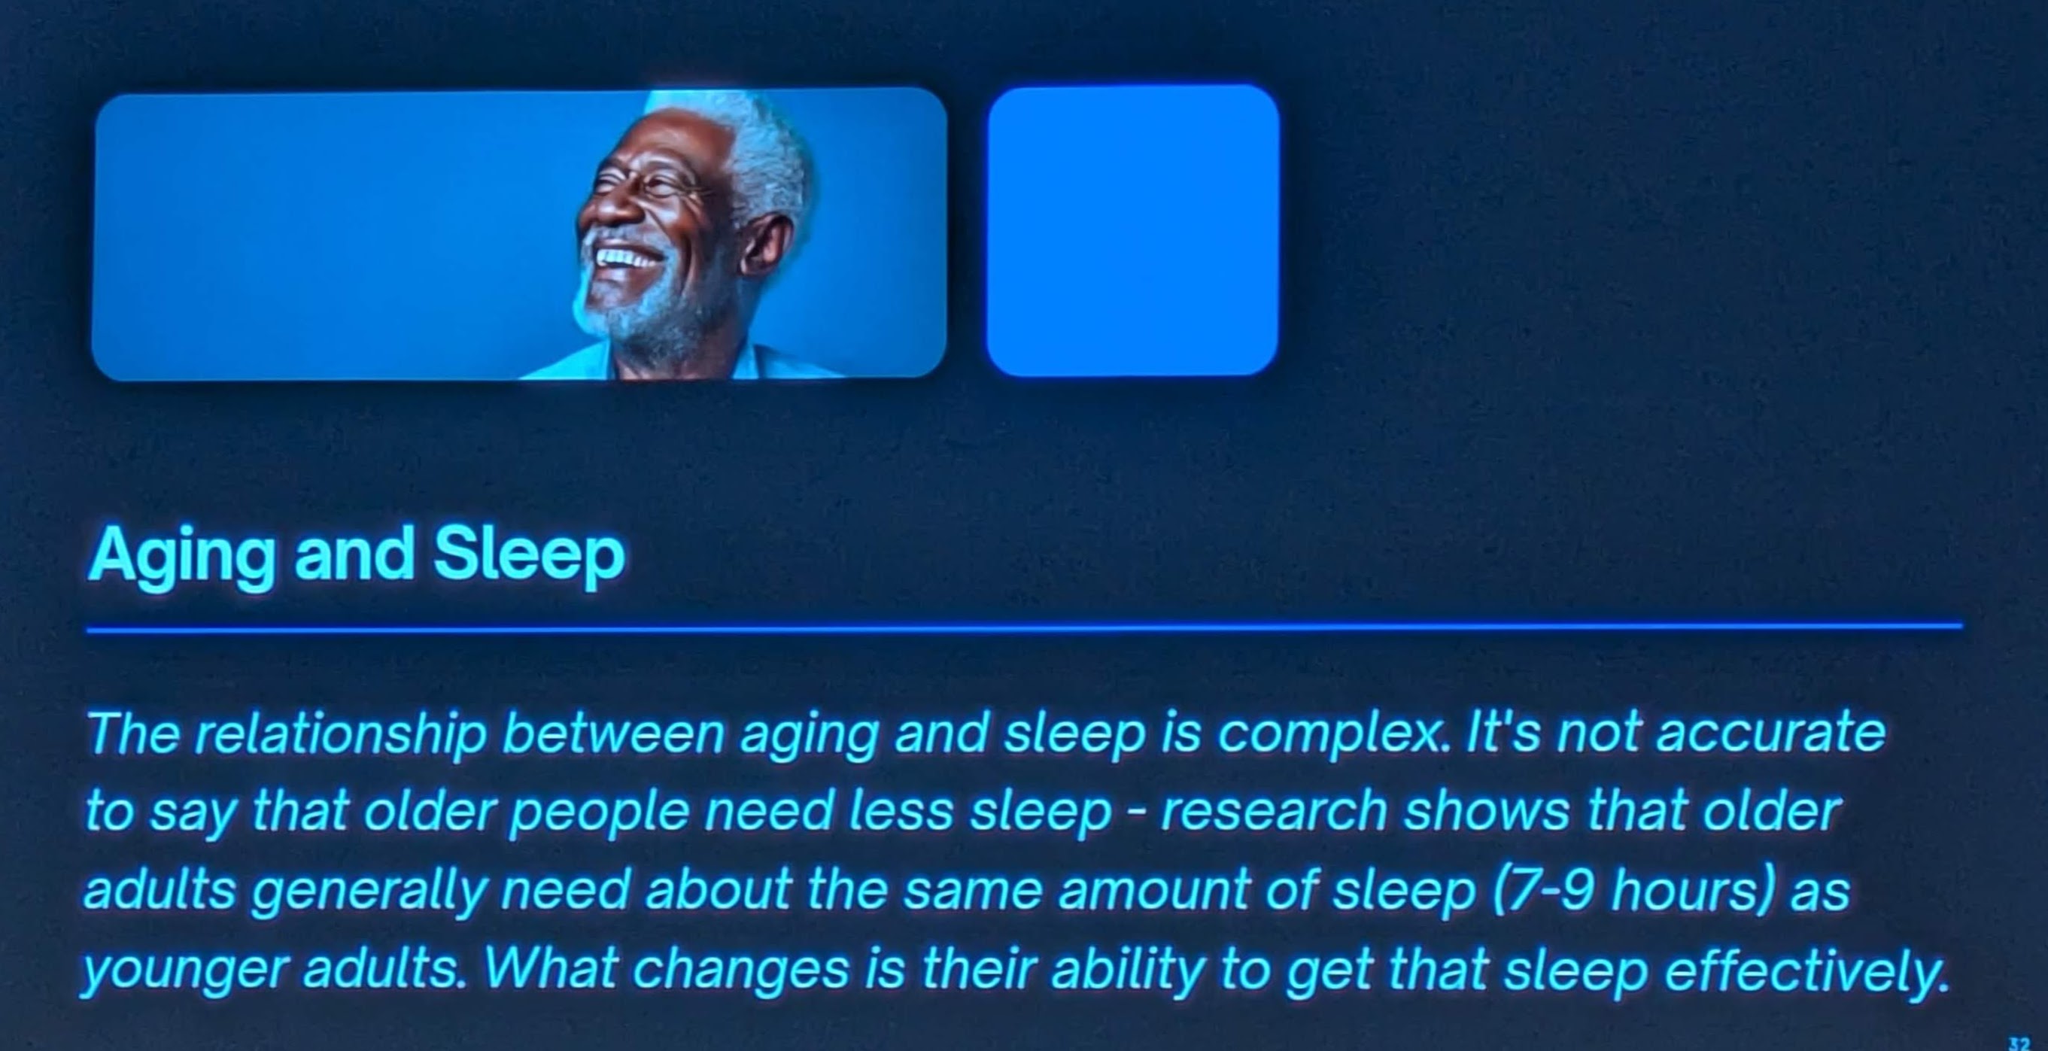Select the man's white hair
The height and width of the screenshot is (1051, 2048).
coord(763,159)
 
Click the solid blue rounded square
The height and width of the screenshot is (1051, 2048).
coord(1133,230)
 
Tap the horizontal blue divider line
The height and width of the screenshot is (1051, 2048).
coord(1024,629)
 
